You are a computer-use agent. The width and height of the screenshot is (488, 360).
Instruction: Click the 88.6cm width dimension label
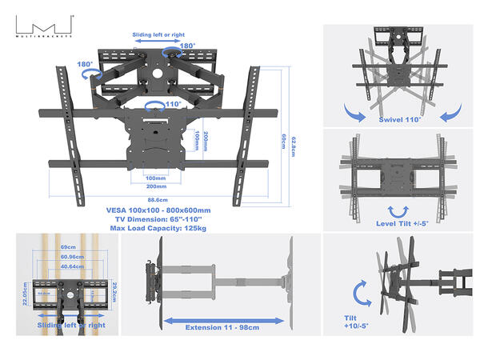click(156, 201)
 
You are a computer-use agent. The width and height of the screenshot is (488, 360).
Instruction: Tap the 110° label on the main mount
click(172, 104)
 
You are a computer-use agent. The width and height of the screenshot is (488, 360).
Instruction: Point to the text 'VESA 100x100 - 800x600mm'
click(158, 210)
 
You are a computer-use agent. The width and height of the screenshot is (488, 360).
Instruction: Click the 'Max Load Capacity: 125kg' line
click(158, 228)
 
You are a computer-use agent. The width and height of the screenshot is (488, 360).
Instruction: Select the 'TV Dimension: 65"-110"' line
click(158, 219)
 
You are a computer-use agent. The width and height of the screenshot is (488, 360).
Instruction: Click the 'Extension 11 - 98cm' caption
click(224, 328)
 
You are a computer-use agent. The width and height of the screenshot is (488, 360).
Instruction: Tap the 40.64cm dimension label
click(66, 266)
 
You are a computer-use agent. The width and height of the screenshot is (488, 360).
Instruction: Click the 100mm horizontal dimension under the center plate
click(156, 178)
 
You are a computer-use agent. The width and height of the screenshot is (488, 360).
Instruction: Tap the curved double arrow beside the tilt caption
click(362, 291)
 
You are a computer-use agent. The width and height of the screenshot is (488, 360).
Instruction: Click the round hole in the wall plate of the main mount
click(160, 79)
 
